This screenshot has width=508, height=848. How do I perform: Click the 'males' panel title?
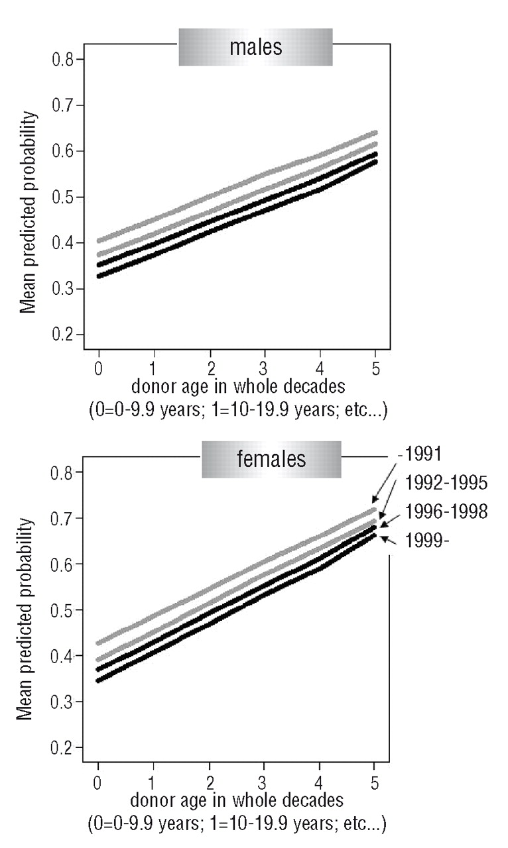[x=255, y=48]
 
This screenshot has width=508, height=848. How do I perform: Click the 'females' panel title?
[x=271, y=459]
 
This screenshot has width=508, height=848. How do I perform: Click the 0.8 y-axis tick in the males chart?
[x=64, y=60]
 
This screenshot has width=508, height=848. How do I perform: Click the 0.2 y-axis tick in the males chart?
[x=64, y=335]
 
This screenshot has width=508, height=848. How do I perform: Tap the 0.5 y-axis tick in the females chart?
[x=64, y=610]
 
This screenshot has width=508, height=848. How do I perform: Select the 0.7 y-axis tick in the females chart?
[x=64, y=518]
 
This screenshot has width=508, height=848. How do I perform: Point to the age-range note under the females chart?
[x=237, y=825]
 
